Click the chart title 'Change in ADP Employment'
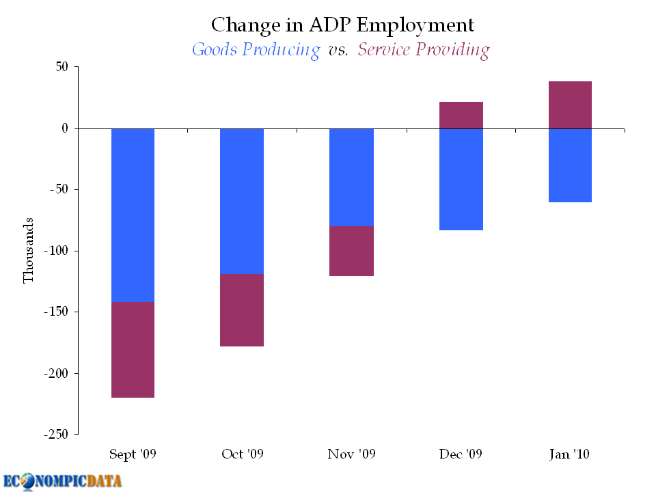pyautogui.click(x=342, y=25)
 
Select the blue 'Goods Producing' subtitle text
pyautogui.click(x=256, y=50)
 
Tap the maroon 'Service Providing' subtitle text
pyautogui.click(x=424, y=50)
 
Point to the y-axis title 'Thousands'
pyautogui.click(x=28, y=250)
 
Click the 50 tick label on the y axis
pyautogui.click(x=61, y=66)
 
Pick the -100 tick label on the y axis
pyautogui.click(x=55, y=251)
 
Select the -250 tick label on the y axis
pyautogui.click(x=55, y=435)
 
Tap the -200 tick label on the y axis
pyautogui.click(x=55, y=373)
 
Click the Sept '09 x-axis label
pyautogui.click(x=133, y=454)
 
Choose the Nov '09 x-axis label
pyautogui.click(x=351, y=454)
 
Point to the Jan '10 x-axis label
pyautogui.click(x=569, y=454)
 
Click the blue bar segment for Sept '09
pyautogui.click(x=133, y=215)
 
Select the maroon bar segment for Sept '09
pyautogui.click(x=133, y=350)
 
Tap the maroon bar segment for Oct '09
pyautogui.click(x=242, y=310)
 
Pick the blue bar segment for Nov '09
pyautogui.click(x=351, y=178)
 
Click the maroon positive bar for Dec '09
pyautogui.click(x=461, y=115)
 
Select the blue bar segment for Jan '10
pyautogui.click(x=570, y=165)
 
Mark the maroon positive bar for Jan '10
pyautogui.click(x=570, y=105)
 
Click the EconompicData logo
pyautogui.click(x=62, y=482)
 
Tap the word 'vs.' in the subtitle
pyautogui.click(x=338, y=51)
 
